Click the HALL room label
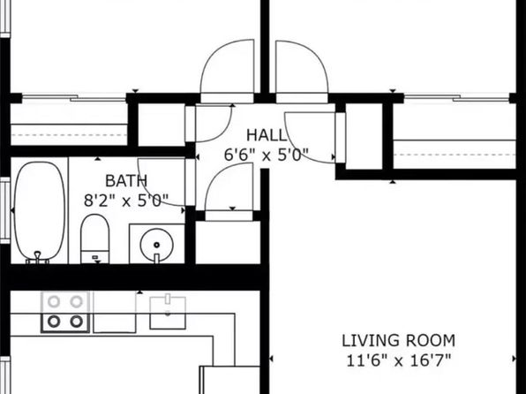(267, 135)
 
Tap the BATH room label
(126, 181)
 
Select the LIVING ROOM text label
(399, 341)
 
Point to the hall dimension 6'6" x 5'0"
(266, 155)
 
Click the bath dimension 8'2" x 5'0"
(126, 201)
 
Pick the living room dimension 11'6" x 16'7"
(399, 360)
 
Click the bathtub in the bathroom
(40, 211)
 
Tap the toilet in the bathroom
(95, 239)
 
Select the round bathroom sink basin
(157, 244)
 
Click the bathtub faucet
(38, 257)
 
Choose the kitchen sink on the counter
(168, 313)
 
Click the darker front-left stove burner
(54, 322)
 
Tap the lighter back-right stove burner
(77, 301)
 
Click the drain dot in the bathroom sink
(156, 245)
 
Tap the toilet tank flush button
(95, 257)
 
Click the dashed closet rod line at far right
(455, 155)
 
